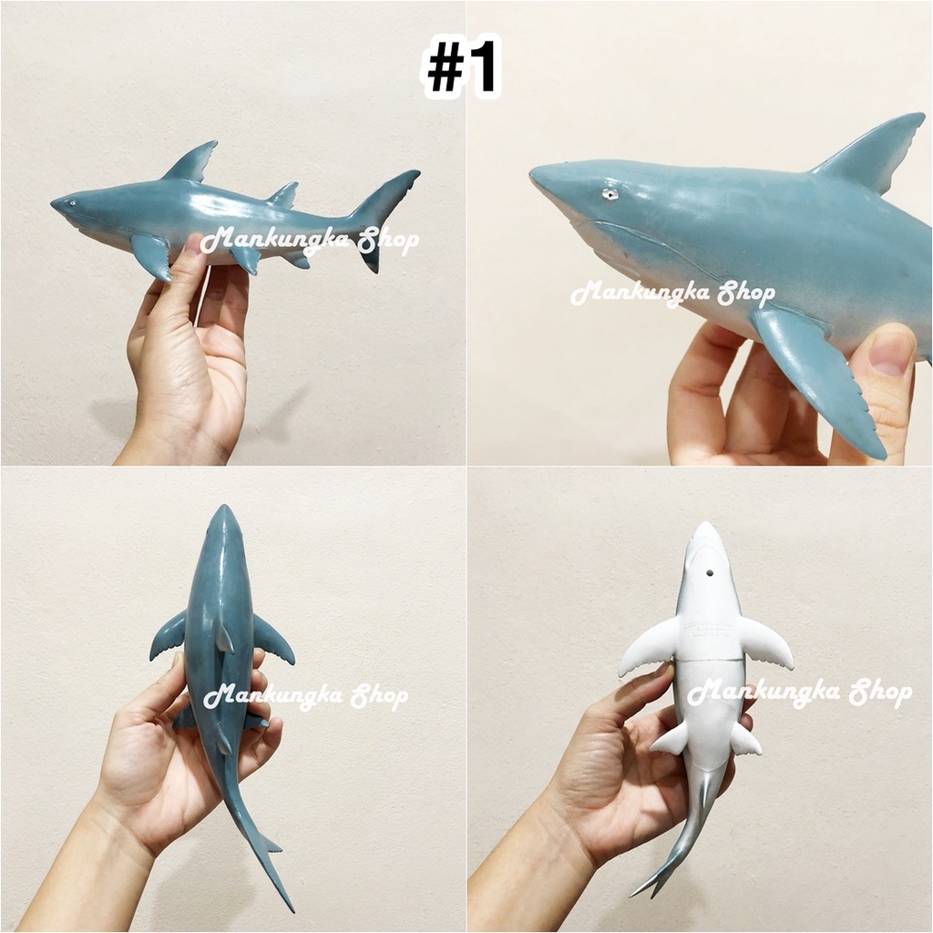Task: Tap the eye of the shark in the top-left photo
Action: pos(73,204)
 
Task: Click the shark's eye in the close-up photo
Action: pos(608,194)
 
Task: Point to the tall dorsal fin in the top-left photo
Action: pos(191,162)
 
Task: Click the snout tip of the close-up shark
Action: pos(532,174)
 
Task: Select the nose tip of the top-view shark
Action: pos(224,507)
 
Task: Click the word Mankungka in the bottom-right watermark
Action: pos(765,692)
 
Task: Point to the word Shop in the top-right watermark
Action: pos(746,292)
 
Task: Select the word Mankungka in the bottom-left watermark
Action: pos(277,695)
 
